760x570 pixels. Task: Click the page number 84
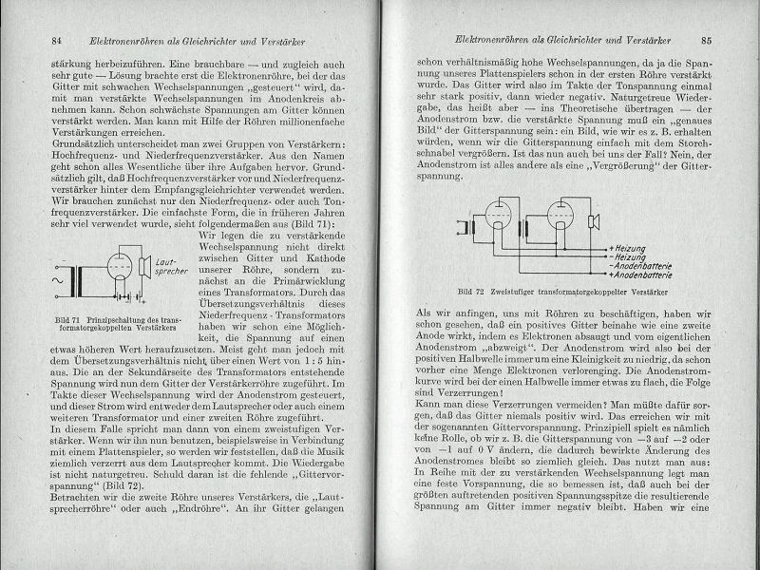pyautogui.click(x=56, y=39)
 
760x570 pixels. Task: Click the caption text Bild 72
pyautogui.click(x=471, y=289)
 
